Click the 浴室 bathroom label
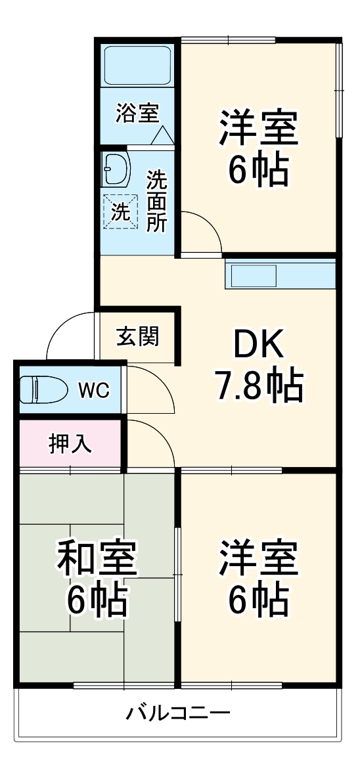point(137,113)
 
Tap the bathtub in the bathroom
point(138,66)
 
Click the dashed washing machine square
point(121,211)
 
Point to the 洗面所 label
point(156,201)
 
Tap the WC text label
point(94,390)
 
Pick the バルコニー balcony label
point(178,713)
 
